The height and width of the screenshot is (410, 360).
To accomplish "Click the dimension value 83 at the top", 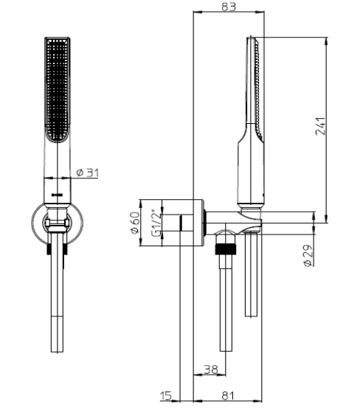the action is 229,7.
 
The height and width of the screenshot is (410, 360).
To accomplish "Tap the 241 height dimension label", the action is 321,126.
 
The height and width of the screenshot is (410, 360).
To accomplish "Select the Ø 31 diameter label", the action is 87,173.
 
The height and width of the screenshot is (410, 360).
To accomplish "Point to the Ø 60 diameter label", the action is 135,223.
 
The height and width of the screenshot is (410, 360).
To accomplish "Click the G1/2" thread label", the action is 157,223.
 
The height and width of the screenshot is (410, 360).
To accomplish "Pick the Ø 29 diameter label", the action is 308,255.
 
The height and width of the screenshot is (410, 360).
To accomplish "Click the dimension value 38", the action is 210,369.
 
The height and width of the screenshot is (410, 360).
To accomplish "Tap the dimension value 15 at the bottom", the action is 166,395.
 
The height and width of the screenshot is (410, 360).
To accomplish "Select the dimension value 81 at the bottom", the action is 228,395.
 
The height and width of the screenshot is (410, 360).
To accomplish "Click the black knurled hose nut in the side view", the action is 226,249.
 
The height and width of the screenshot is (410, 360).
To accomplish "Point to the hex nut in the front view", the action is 58,223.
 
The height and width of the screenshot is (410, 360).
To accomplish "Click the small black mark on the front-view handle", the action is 58,195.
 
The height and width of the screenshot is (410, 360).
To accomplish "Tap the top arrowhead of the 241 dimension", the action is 326,41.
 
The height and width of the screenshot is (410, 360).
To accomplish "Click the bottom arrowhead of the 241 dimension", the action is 326,219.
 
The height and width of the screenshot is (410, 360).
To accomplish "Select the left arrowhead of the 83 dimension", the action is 197,12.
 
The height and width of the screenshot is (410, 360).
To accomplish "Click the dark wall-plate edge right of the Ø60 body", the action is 205,223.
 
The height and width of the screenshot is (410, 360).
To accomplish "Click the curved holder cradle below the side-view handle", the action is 251,221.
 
